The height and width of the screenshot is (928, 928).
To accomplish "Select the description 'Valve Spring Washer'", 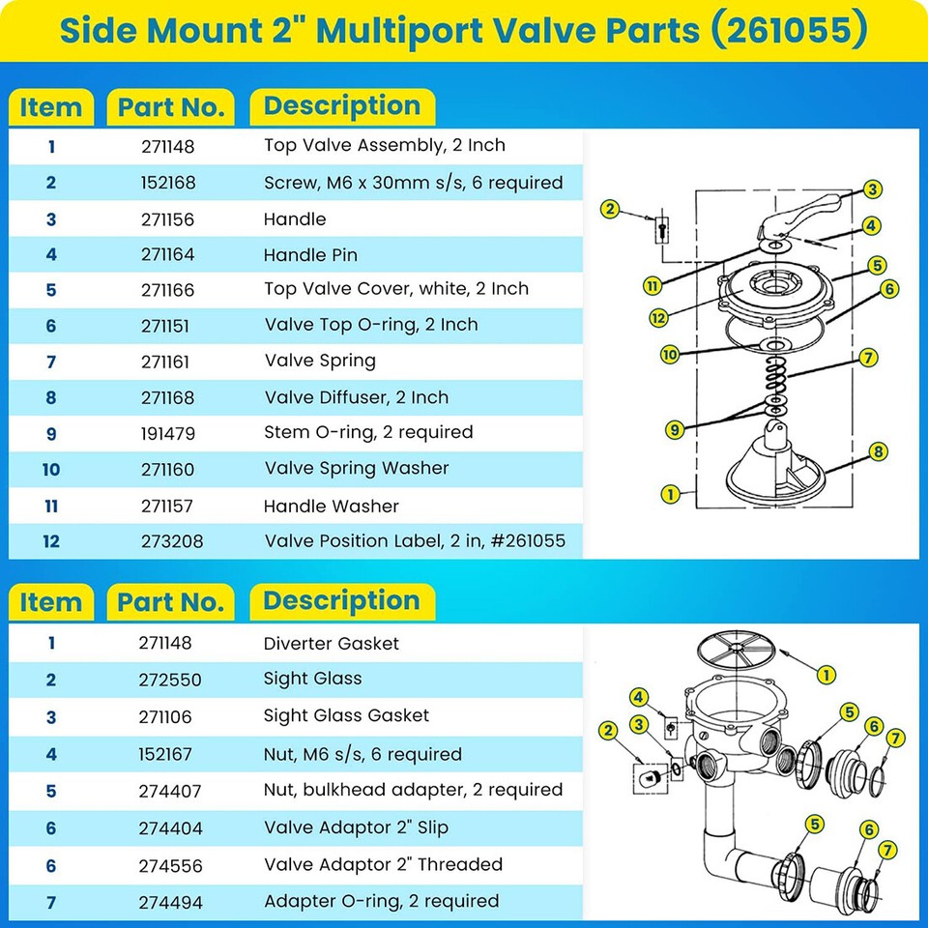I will point(357,469).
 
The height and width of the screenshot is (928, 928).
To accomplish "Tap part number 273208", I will point(172,541).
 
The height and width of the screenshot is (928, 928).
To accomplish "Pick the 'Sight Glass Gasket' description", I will point(346,716).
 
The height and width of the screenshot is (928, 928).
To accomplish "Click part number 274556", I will point(172,865).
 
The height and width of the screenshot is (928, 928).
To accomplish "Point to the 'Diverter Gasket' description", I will point(331,644).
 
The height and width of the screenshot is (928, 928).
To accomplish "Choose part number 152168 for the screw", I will point(171,183).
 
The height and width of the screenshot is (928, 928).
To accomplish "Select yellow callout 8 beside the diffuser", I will point(878,450).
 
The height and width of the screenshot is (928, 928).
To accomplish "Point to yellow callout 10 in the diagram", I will point(670,355).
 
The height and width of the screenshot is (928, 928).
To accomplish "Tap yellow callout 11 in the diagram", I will point(655,285).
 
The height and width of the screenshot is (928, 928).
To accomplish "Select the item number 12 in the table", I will point(51,541).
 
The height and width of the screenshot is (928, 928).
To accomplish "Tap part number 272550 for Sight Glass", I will point(171,680).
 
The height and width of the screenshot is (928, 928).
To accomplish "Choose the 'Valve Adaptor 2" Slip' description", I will point(356,827).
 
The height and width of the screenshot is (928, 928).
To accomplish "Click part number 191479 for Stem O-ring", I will point(171,433).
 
